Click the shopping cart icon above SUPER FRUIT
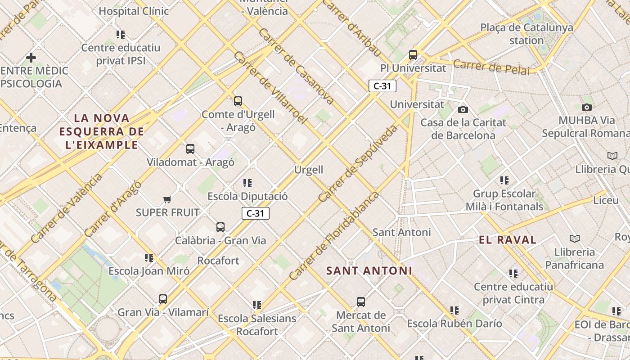click(x=167, y=199)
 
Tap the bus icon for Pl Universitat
click(x=413, y=55)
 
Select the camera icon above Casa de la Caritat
click(x=463, y=109)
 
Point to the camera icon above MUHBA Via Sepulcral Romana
click(x=586, y=107)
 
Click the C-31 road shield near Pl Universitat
click(x=382, y=85)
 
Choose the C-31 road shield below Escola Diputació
click(x=256, y=213)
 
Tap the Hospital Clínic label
click(x=134, y=11)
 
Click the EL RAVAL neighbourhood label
click(x=508, y=240)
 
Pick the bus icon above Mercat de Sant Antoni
click(x=360, y=301)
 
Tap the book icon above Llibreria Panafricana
click(x=574, y=238)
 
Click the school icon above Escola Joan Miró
click(x=149, y=258)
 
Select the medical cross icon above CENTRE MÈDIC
click(x=31, y=58)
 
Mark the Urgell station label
click(x=309, y=170)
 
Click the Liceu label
click(x=606, y=200)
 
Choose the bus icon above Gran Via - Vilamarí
click(x=163, y=299)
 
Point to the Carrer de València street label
click(x=67, y=208)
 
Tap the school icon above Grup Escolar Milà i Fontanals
click(x=504, y=180)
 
